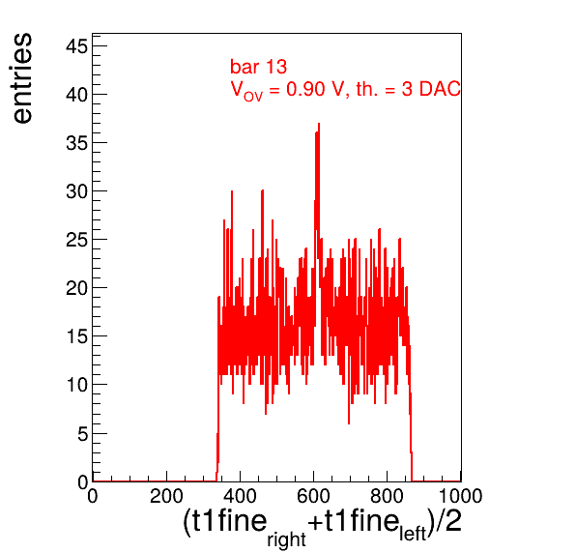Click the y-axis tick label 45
(76, 46)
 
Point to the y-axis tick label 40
(76, 95)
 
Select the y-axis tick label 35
(76, 143)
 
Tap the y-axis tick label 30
(76, 191)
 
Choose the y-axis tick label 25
(76, 240)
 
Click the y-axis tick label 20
(76, 288)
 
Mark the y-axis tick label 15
(76, 336)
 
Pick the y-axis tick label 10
(76, 385)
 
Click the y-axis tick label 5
(82, 433)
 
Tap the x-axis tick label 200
(166, 496)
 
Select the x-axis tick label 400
(240, 496)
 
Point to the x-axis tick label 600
(313, 496)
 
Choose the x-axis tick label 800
(387, 496)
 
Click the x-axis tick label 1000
(460, 496)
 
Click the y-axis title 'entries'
(22, 78)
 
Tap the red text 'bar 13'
(258, 67)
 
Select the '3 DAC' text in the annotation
(431, 89)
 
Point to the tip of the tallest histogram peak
(319, 124)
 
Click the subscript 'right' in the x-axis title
(286, 539)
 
